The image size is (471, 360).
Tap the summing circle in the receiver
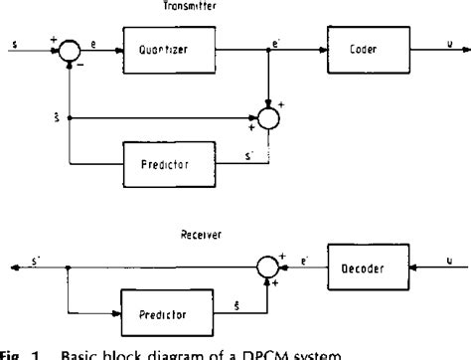[x=270, y=267]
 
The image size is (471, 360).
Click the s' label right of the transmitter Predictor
[x=244, y=148]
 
